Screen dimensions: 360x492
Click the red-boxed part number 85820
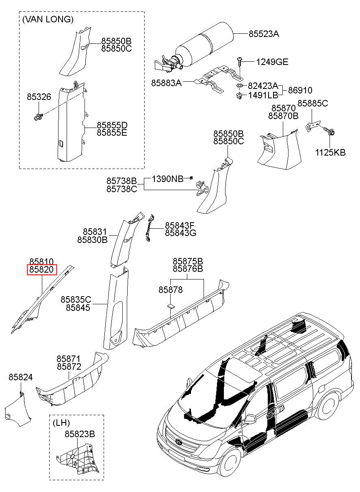click(x=42, y=269)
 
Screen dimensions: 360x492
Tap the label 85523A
click(x=264, y=34)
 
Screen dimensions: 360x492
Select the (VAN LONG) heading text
click(x=48, y=20)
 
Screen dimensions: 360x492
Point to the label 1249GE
click(x=272, y=62)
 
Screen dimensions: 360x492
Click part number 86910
click(x=300, y=90)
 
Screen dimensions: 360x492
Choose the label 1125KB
click(x=330, y=152)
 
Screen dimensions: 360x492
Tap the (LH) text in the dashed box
click(x=61, y=423)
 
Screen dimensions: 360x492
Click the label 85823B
click(x=80, y=434)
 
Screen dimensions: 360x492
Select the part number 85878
click(x=170, y=290)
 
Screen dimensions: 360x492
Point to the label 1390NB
click(x=167, y=179)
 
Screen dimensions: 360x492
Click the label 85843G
click(x=180, y=233)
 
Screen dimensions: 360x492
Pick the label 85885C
click(x=312, y=103)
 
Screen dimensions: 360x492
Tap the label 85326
click(x=39, y=97)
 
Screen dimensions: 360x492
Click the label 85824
click(x=21, y=377)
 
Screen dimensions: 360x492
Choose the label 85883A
click(x=166, y=83)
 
